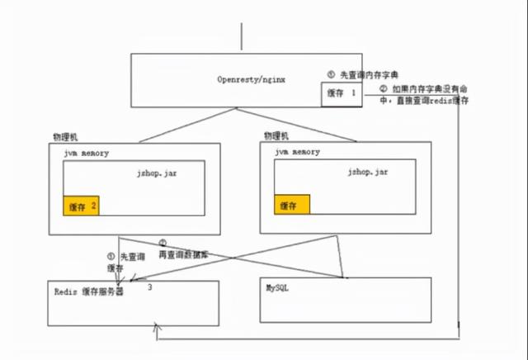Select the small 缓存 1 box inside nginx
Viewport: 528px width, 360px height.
tap(342, 93)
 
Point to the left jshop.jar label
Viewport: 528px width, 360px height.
tap(158, 173)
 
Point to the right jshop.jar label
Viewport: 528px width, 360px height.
tap(368, 171)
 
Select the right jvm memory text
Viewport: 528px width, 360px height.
tap(296, 153)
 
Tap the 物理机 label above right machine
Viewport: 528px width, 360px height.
tap(276, 135)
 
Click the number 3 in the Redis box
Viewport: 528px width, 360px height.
tap(149, 287)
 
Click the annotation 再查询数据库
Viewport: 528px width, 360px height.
tap(183, 255)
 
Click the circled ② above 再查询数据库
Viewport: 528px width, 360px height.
tap(163, 244)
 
